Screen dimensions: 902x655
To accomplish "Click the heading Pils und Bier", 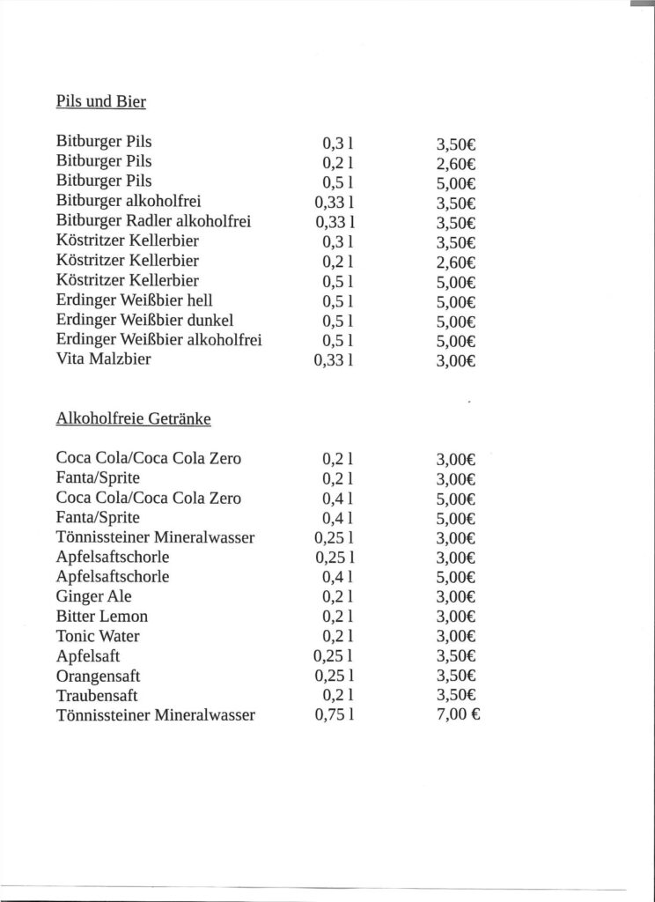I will (x=100, y=101).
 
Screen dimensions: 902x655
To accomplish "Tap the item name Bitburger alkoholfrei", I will (x=129, y=201).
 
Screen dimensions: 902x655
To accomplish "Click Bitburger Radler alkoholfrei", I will (x=153, y=221).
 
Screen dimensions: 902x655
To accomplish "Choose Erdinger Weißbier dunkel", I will (x=144, y=320).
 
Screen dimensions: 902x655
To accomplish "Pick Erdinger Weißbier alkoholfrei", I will (x=159, y=340).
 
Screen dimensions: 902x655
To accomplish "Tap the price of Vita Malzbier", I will (x=456, y=360).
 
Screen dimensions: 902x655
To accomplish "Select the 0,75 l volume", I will (x=334, y=715).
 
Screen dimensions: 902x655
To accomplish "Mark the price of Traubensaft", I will (x=456, y=696).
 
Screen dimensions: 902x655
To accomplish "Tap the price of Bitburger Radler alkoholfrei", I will (x=456, y=222).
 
